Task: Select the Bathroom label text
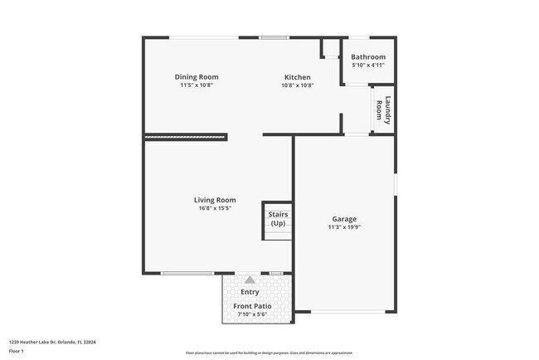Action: [x=368, y=56]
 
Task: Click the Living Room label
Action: [x=215, y=200]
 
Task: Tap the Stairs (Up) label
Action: [x=278, y=219]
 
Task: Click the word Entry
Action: [x=250, y=292]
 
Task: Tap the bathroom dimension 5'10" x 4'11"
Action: [x=368, y=65]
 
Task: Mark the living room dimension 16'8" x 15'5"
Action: [x=215, y=208]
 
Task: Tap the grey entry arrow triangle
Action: [x=250, y=280]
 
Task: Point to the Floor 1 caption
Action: [x=17, y=351]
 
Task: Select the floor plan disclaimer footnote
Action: [x=269, y=352]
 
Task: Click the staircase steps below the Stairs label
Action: [x=278, y=234]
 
